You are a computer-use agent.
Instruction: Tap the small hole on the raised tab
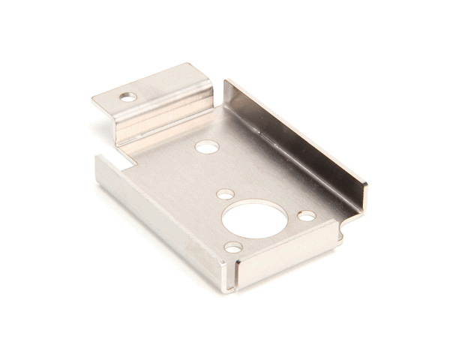coord(129,97)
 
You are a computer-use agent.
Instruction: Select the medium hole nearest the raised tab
coord(207,147)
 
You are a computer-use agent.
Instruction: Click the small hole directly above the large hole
coord(225,194)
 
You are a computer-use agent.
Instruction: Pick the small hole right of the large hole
coord(307,216)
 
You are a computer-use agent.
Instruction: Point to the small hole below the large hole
coord(233,247)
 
